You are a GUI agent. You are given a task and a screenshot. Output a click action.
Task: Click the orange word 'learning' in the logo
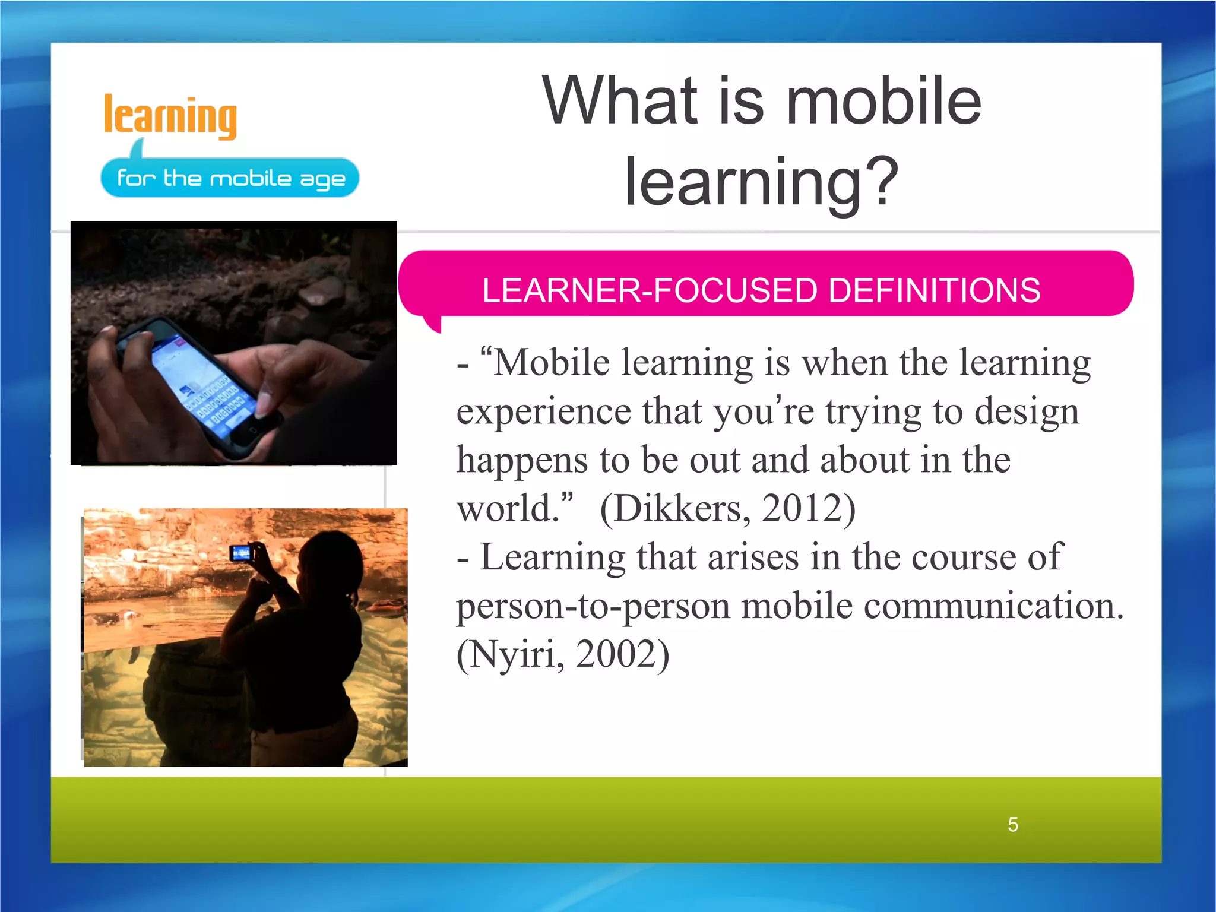170,116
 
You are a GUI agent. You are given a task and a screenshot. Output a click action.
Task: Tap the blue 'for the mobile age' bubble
230,178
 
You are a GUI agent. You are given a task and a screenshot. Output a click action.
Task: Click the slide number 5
1013,825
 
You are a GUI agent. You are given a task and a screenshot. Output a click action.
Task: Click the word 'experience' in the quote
543,412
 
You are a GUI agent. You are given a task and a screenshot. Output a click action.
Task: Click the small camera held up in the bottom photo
241,553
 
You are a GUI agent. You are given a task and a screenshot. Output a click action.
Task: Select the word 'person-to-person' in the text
593,607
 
